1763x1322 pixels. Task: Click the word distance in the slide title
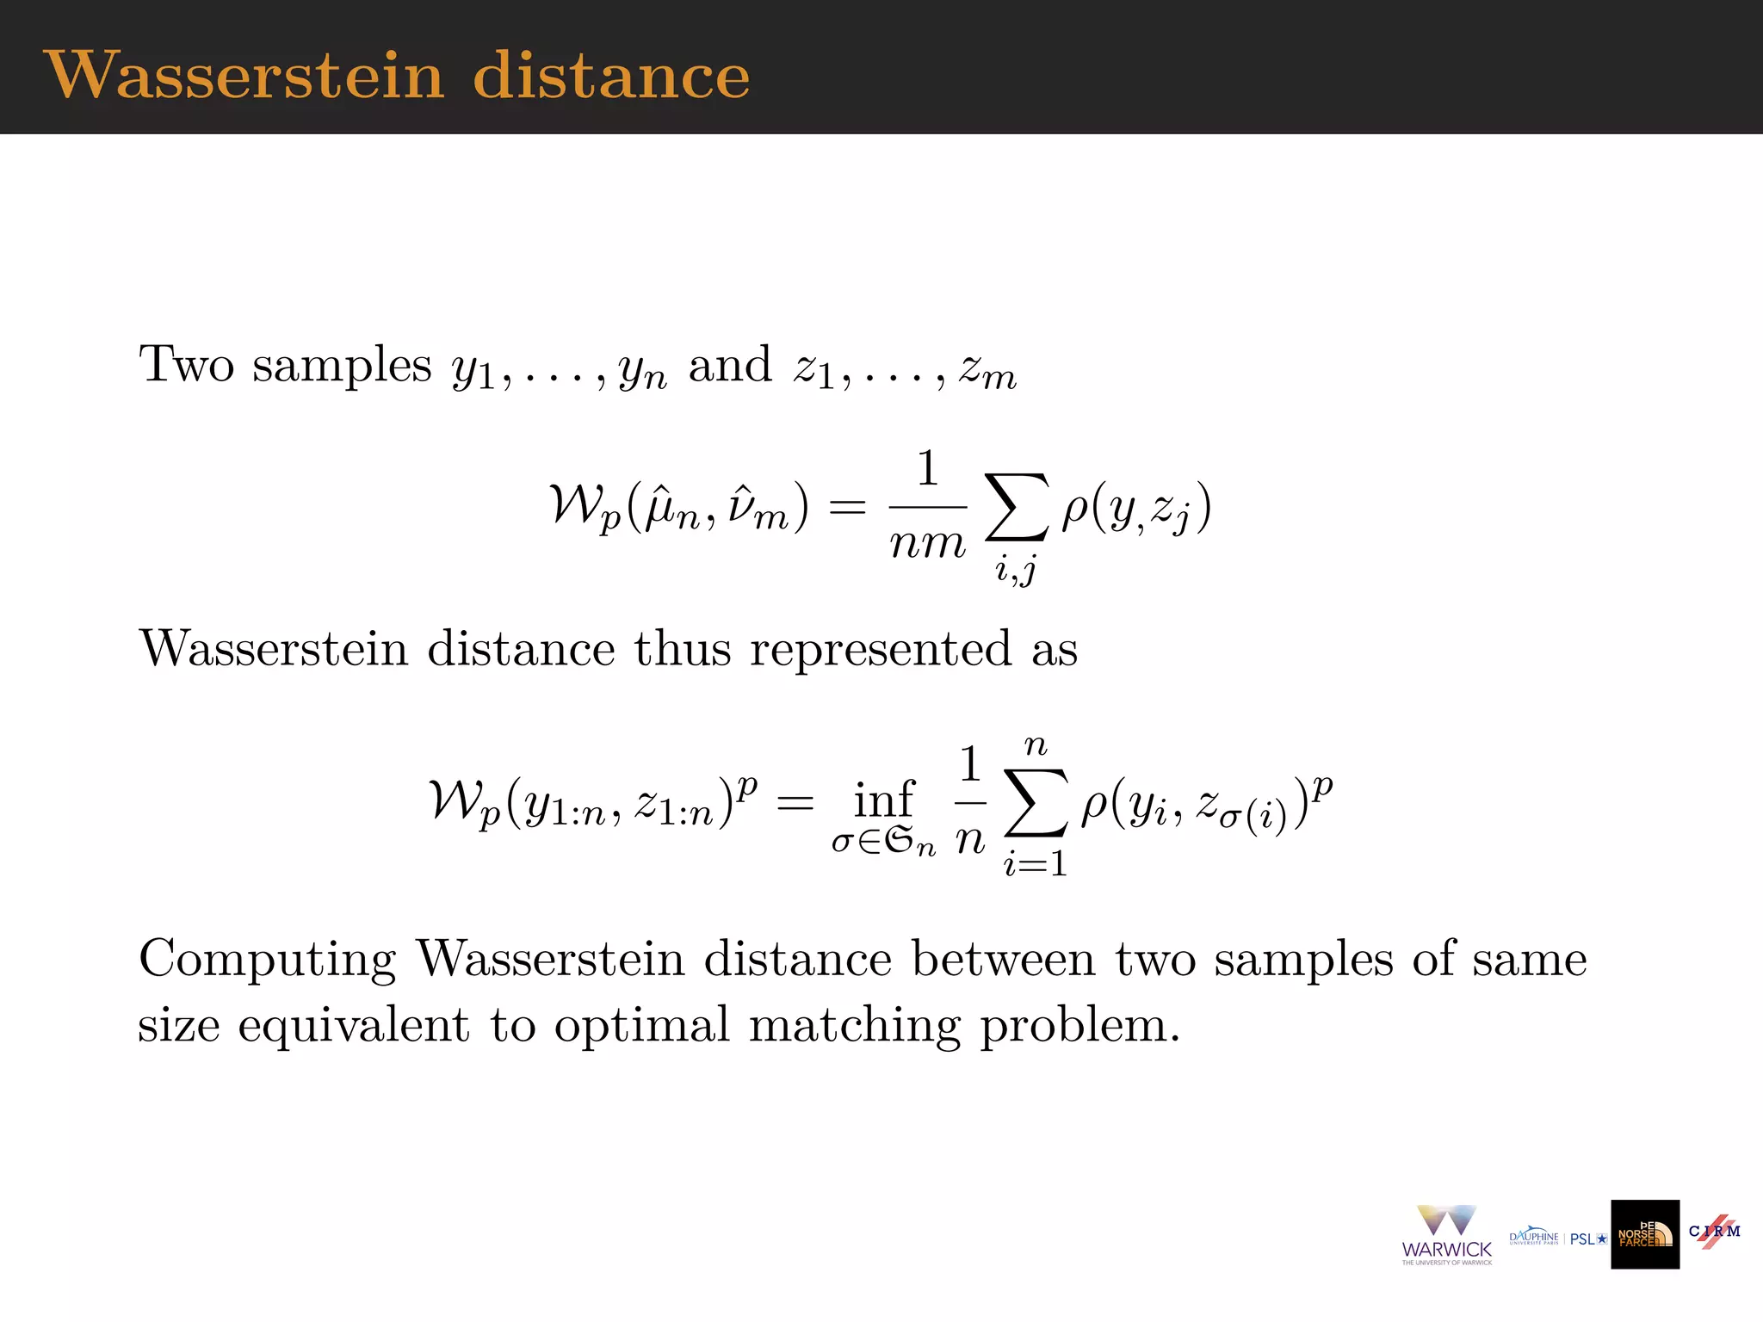tap(611, 76)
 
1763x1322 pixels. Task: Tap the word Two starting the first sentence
tap(186, 364)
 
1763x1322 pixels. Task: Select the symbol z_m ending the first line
tap(988, 370)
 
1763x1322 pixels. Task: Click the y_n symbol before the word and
tap(642, 370)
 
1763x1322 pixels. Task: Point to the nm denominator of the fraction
tap(927, 543)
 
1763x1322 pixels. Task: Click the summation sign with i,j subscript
tap(1017, 508)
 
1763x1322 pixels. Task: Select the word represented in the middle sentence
tap(880, 649)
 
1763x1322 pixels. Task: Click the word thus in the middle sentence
tap(682, 649)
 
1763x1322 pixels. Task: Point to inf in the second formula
tap(883, 800)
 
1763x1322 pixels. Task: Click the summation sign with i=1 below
tap(1036, 803)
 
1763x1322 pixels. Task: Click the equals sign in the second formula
tap(794, 803)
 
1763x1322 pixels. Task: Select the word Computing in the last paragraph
tap(267, 960)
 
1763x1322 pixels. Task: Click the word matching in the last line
tap(853, 1026)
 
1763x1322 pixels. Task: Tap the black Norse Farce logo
tap(1645, 1234)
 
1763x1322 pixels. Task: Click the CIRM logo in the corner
tap(1714, 1231)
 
